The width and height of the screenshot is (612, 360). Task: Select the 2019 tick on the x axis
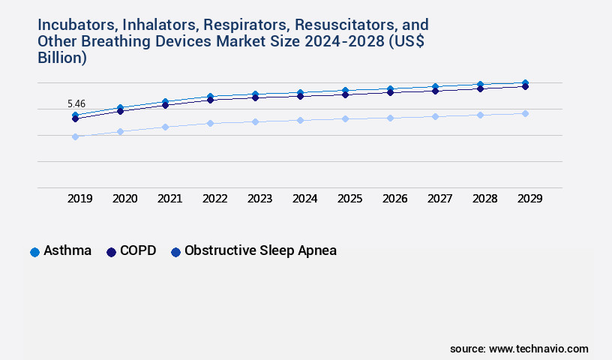[x=80, y=199]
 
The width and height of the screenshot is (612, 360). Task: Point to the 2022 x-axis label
[x=214, y=199]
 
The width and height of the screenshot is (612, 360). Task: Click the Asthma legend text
[x=67, y=250]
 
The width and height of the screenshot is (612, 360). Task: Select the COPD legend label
[x=137, y=250]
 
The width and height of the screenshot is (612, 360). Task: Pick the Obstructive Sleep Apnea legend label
[x=260, y=250]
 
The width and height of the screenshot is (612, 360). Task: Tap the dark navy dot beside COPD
[x=111, y=252]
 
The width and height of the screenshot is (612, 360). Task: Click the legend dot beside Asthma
[x=34, y=252]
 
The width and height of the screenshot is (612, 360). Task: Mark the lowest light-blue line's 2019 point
[x=75, y=136]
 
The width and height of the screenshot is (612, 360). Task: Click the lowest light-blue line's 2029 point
[x=525, y=113]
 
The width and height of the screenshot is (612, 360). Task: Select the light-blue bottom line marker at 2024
[x=300, y=120]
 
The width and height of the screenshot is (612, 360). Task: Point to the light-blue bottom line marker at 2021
[x=165, y=127]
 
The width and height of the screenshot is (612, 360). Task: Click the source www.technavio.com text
[x=519, y=349]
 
